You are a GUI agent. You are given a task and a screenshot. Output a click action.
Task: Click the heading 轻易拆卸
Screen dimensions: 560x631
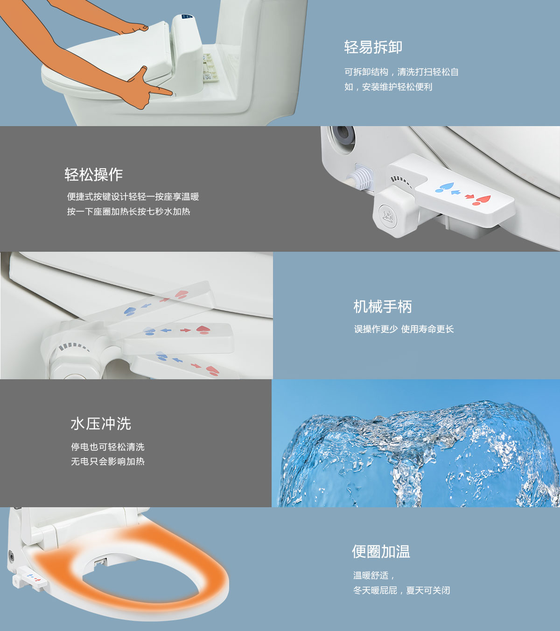click(x=373, y=47)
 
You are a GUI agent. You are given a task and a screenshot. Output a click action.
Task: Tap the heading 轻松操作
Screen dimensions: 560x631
click(x=94, y=174)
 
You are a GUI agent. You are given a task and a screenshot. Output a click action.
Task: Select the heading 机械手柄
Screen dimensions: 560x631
click(x=383, y=306)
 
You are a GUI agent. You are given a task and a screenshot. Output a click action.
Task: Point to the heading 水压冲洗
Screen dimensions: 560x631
click(x=101, y=424)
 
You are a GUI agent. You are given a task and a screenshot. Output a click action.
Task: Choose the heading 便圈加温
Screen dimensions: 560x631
click(x=381, y=552)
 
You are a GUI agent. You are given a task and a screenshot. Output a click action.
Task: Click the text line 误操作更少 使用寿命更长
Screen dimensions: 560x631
click(x=404, y=329)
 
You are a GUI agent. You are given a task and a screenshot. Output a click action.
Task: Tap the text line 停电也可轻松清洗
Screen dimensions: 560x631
click(x=108, y=447)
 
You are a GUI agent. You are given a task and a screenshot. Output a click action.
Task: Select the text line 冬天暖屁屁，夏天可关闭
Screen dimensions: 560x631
click(x=401, y=590)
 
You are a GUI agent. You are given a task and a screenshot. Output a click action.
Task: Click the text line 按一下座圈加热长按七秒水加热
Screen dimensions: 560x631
click(x=128, y=212)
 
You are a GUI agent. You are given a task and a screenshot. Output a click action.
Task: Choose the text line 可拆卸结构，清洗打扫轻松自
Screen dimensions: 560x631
click(x=401, y=72)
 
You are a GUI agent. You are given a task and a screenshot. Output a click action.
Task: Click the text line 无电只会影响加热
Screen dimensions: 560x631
click(x=108, y=461)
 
